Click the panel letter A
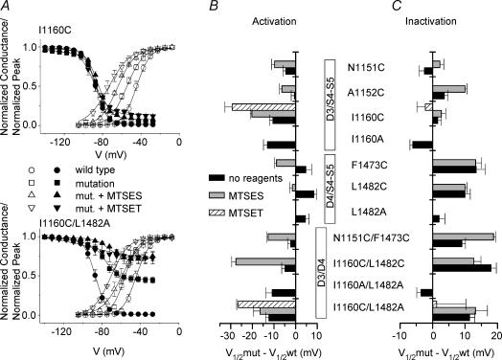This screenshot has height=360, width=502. tap(8, 7)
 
